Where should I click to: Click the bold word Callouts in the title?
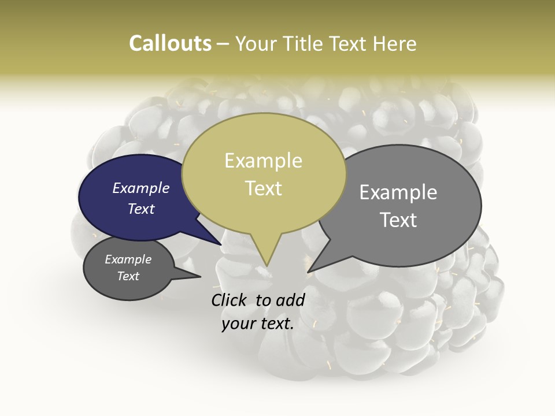(170, 43)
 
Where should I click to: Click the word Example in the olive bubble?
(264, 161)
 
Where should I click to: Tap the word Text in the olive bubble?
(264, 188)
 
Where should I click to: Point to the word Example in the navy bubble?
(141, 188)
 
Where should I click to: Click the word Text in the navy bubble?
(141, 209)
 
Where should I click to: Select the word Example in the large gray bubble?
(398, 192)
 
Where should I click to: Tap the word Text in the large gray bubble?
(398, 220)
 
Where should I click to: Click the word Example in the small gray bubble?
(128, 259)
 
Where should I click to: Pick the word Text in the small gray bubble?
(128, 276)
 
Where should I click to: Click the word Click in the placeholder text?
(231, 300)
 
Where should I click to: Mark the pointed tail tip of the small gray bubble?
(199, 277)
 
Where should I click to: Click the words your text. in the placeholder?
(258, 324)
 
